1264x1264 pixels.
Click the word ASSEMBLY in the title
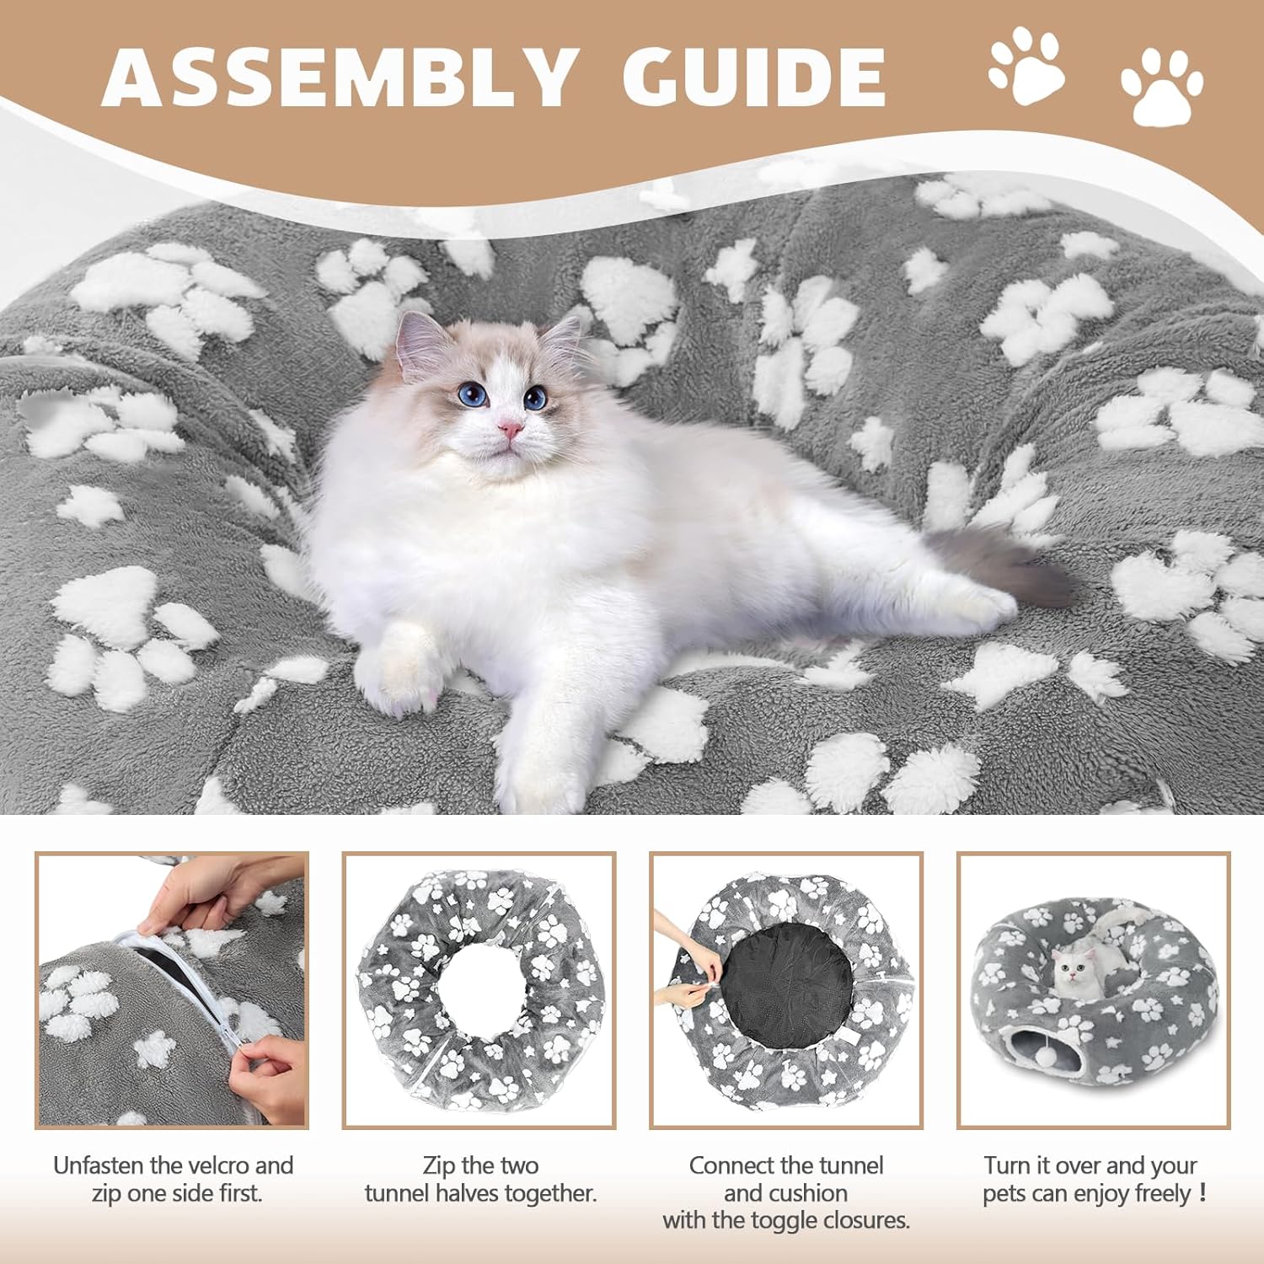point(340,77)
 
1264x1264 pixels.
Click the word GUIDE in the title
point(754,77)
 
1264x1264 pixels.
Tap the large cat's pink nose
point(510,430)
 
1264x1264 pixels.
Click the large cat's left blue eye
point(473,393)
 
